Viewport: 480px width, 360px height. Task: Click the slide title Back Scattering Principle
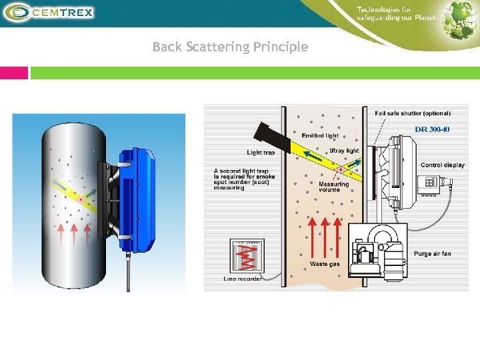(230, 47)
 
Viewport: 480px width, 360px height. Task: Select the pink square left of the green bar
(14, 73)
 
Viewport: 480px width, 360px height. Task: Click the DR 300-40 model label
(432, 129)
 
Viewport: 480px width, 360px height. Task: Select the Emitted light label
(320, 136)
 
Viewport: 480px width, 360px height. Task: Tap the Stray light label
(344, 151)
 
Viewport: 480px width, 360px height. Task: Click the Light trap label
(261, 153)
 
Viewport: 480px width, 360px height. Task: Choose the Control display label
(443, 165)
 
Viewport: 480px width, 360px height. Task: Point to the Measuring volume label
(333, 187)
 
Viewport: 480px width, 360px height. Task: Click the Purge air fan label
(432, 254)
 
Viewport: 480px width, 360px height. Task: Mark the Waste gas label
(325, 265)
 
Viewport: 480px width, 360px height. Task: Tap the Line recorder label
(243, 279)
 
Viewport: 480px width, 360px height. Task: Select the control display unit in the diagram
(427, 183)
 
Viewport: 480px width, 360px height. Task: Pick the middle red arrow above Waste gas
(325, 237)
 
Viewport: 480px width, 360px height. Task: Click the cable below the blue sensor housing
(129, 273)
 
